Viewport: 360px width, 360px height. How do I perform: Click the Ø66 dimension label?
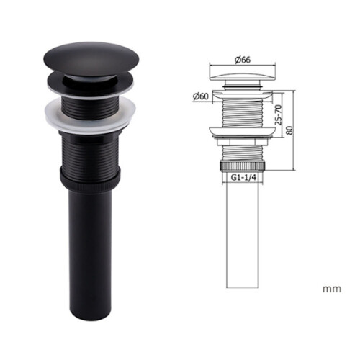coord(243,60)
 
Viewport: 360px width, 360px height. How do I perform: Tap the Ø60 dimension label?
coord(201,96)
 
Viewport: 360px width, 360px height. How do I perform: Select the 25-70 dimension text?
coord(279,114)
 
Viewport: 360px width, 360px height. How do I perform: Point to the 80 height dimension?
coord(290,130)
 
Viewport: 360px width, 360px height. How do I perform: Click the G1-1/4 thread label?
coord(243,177)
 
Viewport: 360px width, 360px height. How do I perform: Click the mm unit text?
coord(332,289)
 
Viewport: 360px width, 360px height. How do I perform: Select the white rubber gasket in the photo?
coord(90,115)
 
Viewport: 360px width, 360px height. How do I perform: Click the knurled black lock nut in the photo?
coord(90,180)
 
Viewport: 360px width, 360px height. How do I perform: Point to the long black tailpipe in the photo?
coord(90,254)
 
